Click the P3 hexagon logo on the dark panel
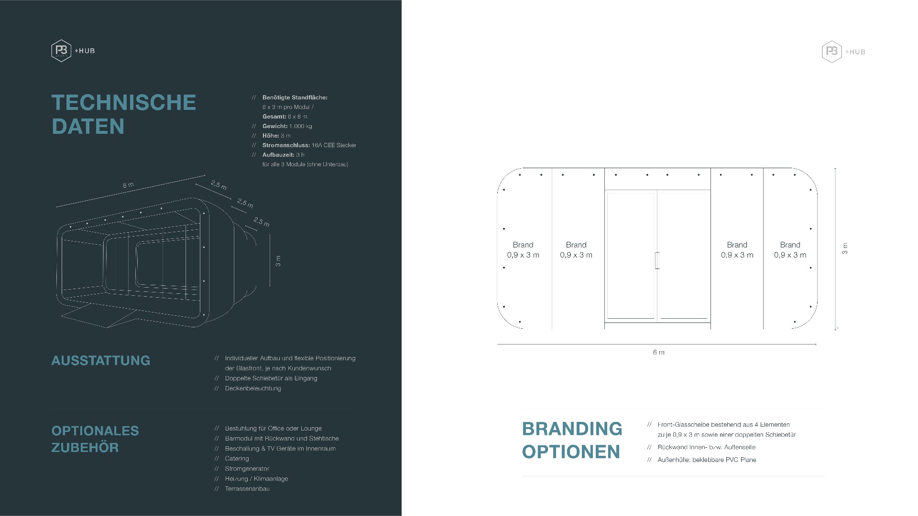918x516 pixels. (61, 51)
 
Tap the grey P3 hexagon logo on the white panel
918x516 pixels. (831, 52)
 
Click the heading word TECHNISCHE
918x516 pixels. (124, 103)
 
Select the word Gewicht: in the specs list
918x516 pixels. (275, 126)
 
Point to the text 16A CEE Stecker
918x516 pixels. (334, 145)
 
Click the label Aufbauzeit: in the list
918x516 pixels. (278, 155)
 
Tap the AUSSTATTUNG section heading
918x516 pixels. (101, 361)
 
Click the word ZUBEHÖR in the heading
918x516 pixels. (85, 448)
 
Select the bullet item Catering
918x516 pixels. (237, 459)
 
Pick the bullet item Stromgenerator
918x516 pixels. (247, 469)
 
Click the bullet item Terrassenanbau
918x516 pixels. (247, 489)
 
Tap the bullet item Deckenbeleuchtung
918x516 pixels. (253, 388)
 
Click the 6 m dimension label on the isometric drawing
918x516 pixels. (128, 185)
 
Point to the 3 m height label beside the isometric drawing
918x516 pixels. (278, 261)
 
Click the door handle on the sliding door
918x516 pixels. (657, 260)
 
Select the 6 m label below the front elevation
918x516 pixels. (658, 353)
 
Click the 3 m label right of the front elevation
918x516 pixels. (845, 248)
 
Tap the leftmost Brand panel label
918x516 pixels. (523, 250)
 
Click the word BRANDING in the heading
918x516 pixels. (572, 429)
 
